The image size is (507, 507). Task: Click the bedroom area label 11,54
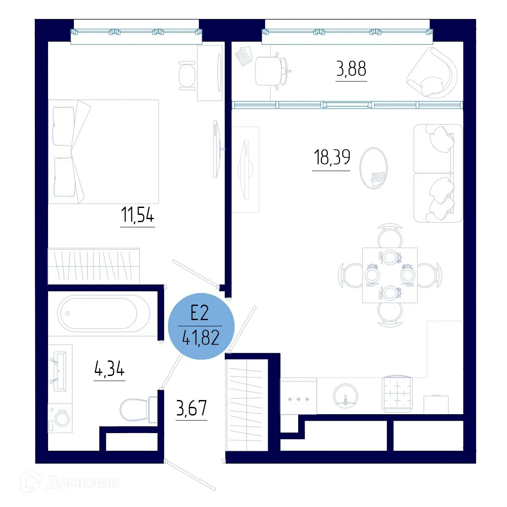137,215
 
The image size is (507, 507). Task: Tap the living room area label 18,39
332,157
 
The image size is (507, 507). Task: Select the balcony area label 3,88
351,69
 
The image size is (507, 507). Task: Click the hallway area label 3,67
192,408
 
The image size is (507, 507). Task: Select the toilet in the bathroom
137,409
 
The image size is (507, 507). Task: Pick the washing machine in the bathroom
60,418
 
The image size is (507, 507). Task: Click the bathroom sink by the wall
59,371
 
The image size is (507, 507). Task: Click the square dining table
390,275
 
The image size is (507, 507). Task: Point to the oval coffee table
373,168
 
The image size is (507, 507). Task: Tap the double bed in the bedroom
103,152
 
